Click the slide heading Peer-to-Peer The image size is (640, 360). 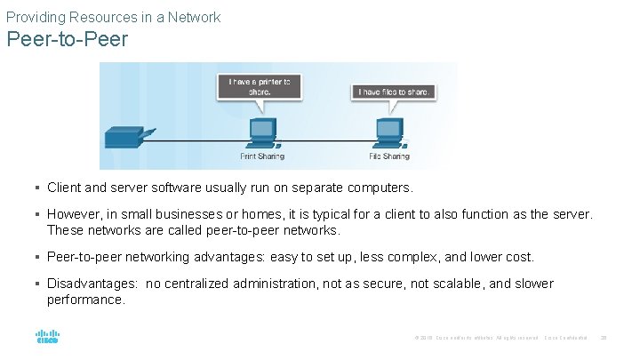[67, 40]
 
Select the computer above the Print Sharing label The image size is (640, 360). [261, 132]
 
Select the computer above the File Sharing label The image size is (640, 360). [389, 132]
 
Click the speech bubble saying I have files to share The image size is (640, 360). [394, 92]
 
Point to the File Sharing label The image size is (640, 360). [389, 156]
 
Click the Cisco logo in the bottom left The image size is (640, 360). [47, 338]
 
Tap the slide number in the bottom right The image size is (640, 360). [604, 338]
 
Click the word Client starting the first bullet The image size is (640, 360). [65, 188]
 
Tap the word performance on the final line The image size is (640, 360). [85, 300]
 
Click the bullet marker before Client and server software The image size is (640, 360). [37, 188]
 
